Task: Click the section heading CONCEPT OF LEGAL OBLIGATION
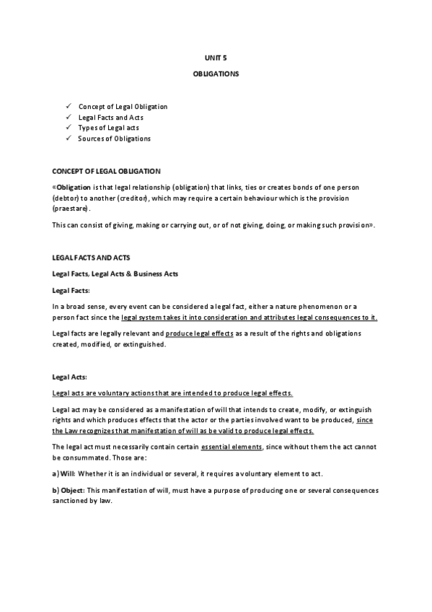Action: pyautogui.click(x=106, y=171)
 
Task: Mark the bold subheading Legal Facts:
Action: pyautogui.click(x=71, y=289)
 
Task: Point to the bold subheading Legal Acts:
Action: pyautogui.click(x=70, y=377)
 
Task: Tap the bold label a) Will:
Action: pyautogui.click(x=64, y=474)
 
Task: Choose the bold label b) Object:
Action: pyautogui.click(x=69, y=490)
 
